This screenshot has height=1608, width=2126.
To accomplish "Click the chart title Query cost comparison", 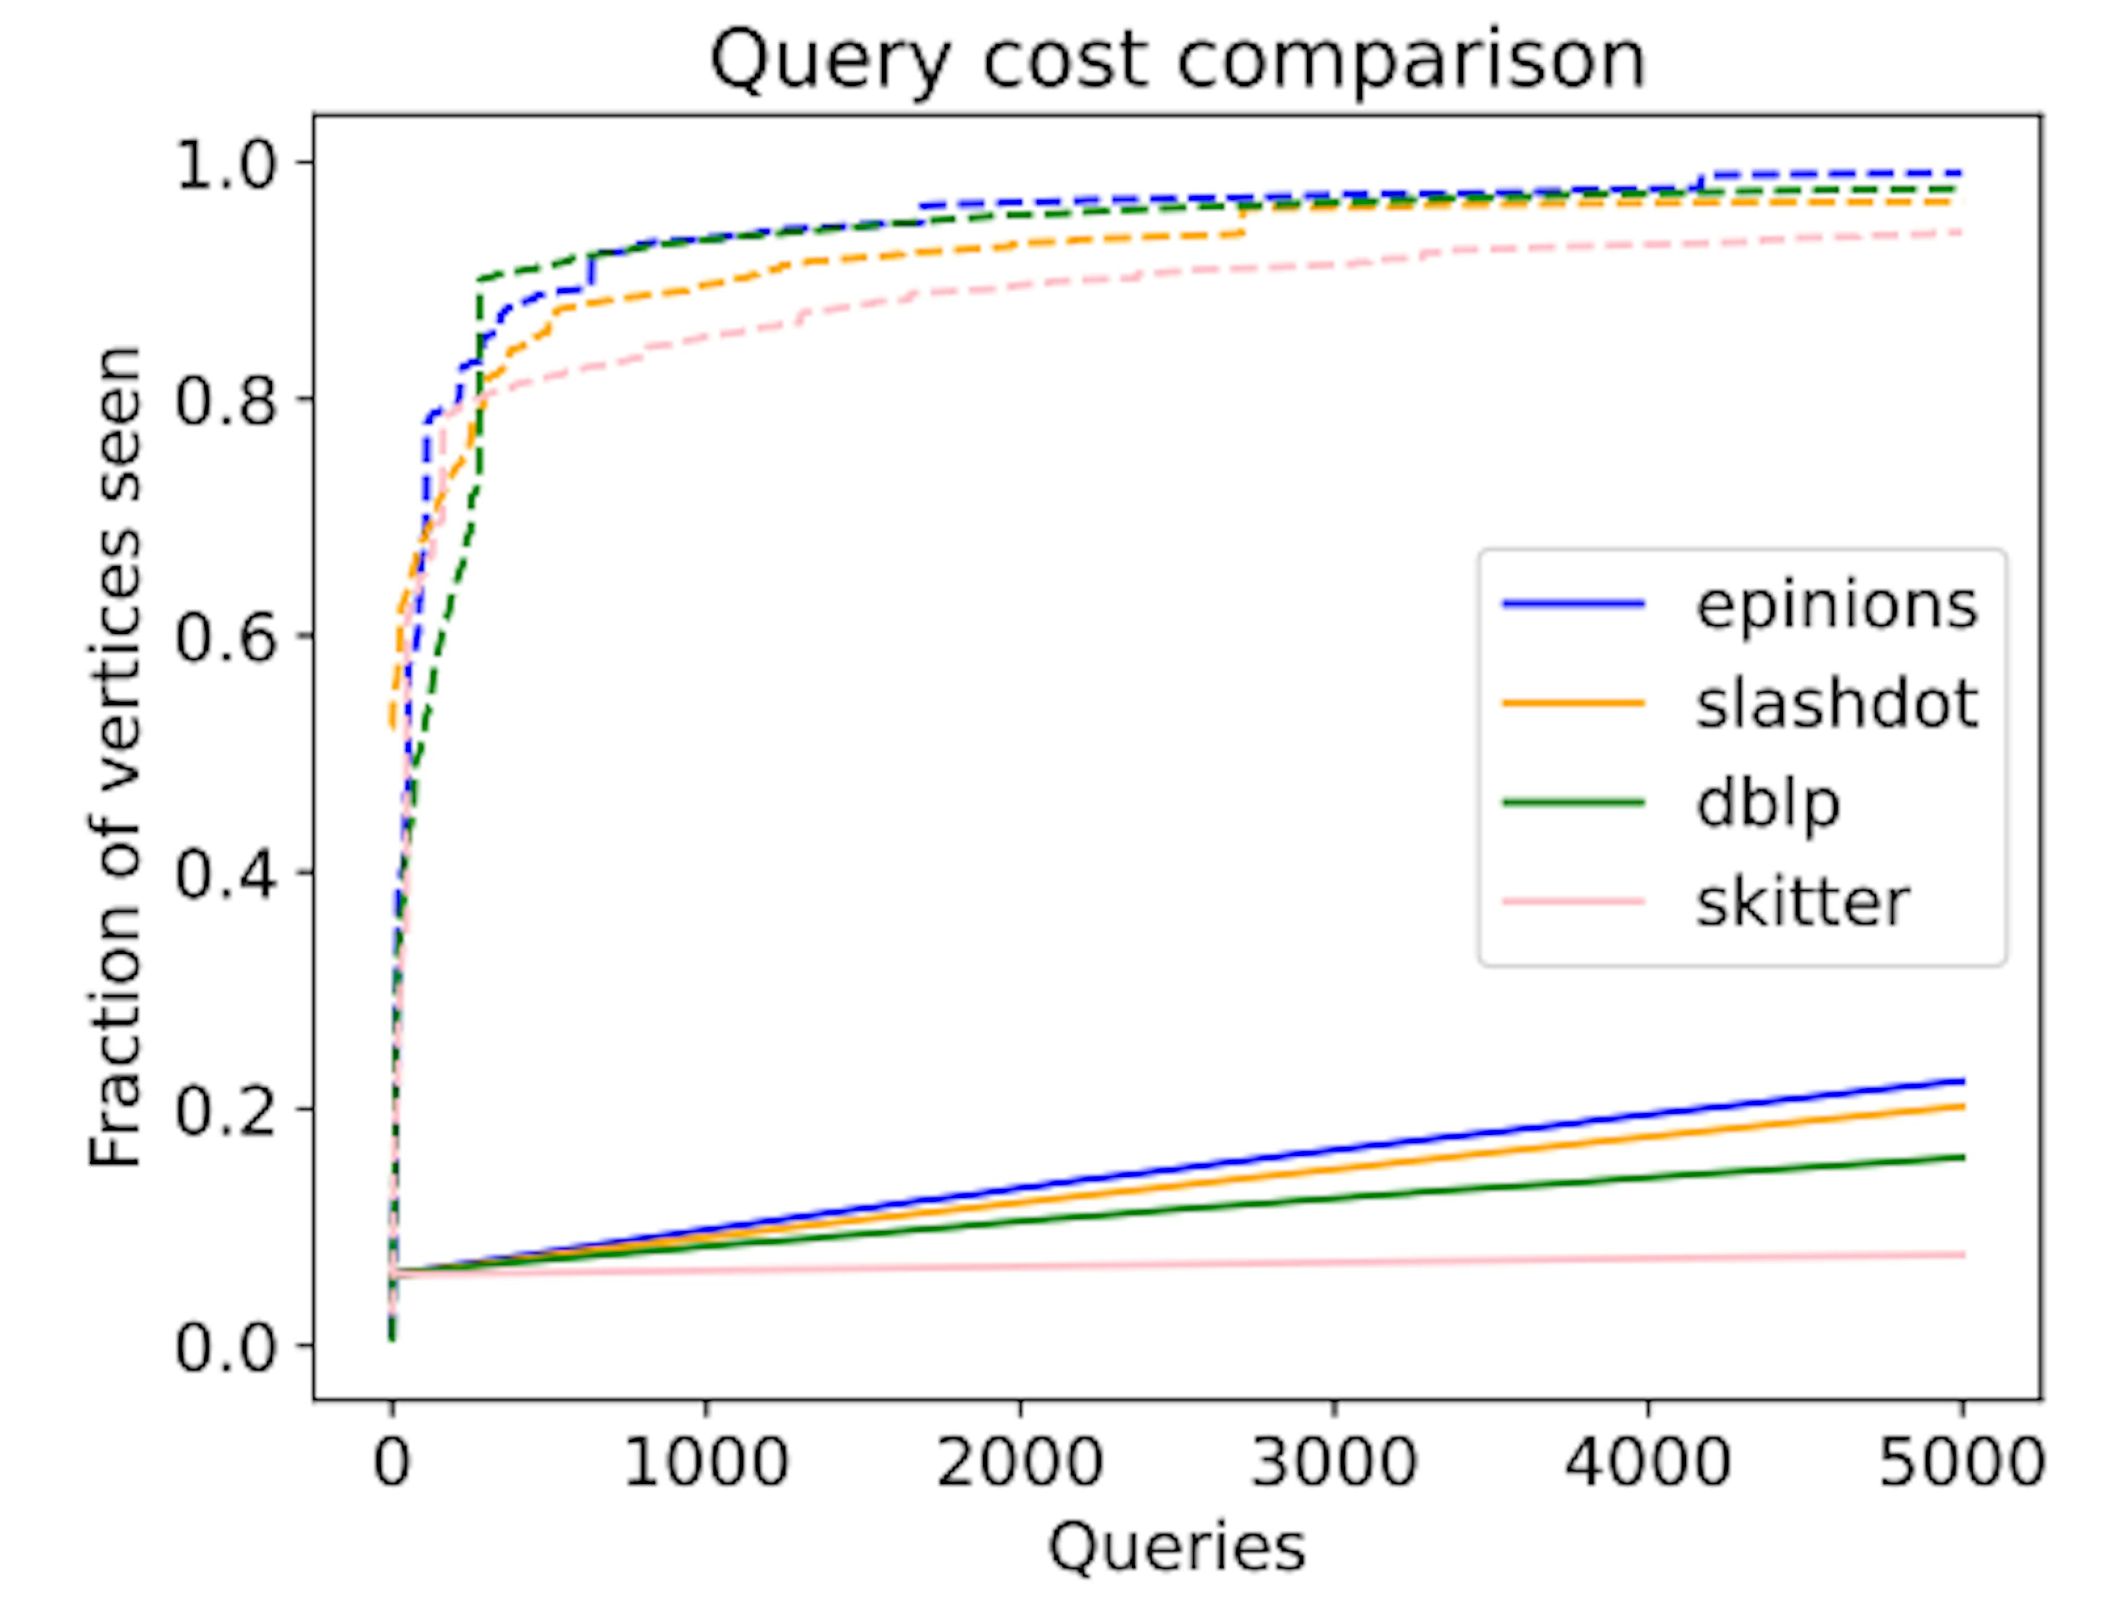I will (1178, 60).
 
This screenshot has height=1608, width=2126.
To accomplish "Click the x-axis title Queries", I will (1178, 1548).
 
